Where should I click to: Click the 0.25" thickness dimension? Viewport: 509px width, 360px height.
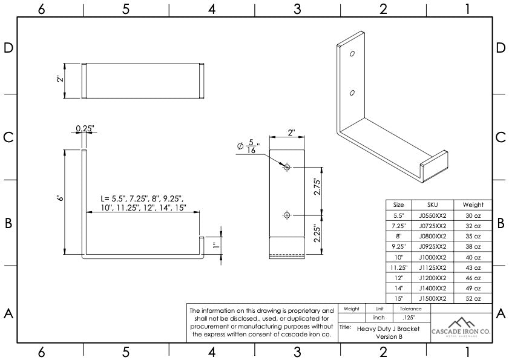click(85, 128)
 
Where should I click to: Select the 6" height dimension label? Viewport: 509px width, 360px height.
click(59, 198)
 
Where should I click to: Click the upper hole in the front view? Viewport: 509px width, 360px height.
click(287, 167)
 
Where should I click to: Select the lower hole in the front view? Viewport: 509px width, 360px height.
click(287, 214)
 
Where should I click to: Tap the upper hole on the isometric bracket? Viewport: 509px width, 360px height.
click(352, 53)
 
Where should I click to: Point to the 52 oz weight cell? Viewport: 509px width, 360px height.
click(473, 299)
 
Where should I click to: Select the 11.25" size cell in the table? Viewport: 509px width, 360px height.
click(399, 267)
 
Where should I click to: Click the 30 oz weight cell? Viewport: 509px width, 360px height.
click(473, 216)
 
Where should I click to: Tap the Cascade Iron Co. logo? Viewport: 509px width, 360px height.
click(461, 327)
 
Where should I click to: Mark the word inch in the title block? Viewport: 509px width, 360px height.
click(379, 318)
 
